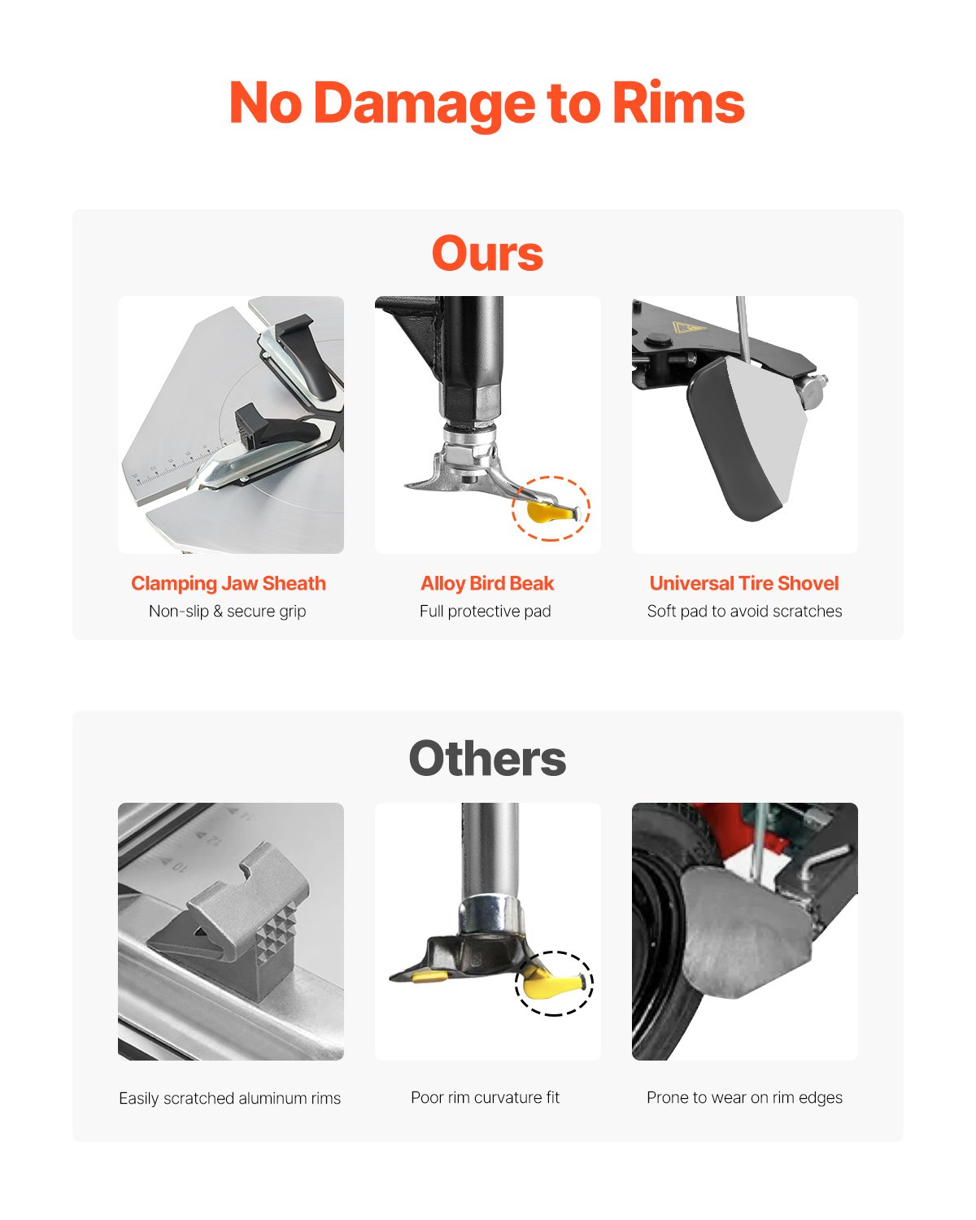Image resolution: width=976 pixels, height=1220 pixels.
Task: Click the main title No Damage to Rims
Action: [486, 103]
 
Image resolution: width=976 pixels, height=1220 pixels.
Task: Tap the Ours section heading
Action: [487, 253]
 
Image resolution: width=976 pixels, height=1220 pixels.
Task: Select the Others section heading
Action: [487, 759]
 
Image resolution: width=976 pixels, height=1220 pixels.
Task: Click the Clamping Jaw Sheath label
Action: [229, 583]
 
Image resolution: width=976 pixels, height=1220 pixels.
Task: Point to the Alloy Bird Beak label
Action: [487, 583]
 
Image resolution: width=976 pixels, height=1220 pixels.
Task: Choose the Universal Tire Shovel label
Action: [744, 583]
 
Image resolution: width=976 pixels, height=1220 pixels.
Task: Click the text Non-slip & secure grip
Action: [228, 611]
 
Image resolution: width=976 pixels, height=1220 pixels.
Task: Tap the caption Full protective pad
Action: [486, 611]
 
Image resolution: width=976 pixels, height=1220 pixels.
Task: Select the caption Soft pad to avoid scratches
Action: [744, 611]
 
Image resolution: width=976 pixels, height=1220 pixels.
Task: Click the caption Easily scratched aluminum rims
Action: [229, 1098]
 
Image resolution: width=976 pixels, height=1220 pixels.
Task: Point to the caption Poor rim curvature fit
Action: [486, 1097]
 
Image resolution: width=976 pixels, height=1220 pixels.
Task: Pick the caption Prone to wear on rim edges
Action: [744, 1097]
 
